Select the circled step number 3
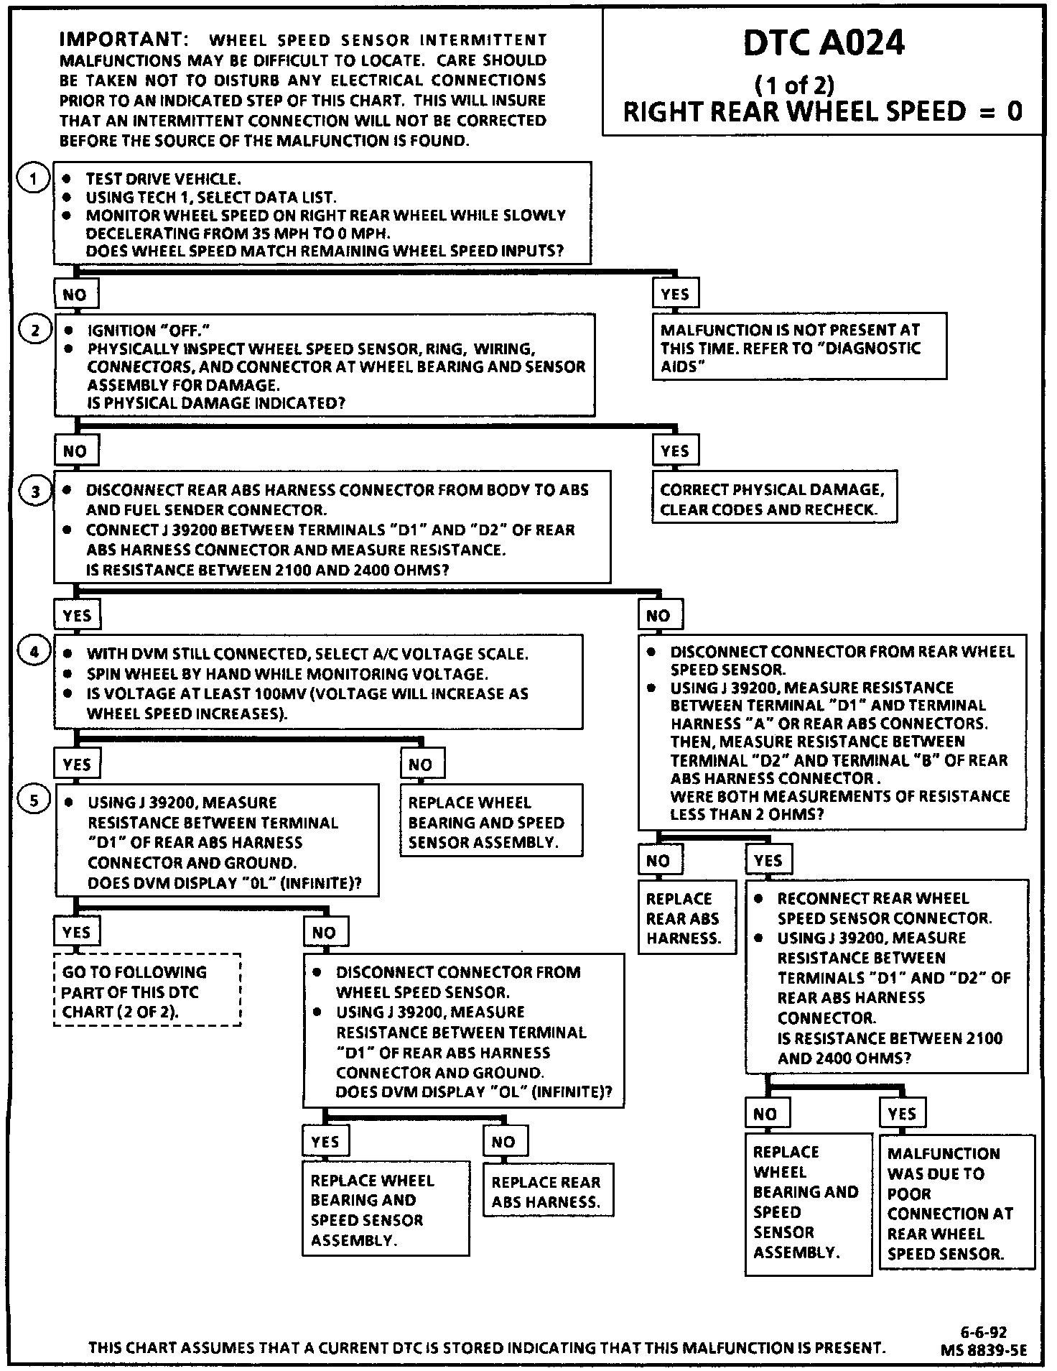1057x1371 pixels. [x=35, y=491]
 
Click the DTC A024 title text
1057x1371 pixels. [x=823, y=45]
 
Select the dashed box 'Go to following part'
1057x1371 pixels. [x=147, y=991]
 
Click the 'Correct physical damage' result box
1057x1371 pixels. [x=774, y=499]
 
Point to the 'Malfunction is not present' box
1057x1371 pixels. [x=798, y=348]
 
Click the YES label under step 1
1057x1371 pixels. [x=675, y=294]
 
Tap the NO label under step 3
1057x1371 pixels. [x=658, y=616]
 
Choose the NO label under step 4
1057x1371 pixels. [x=421, y=765]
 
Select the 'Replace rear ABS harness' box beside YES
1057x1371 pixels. [x=687, y=918]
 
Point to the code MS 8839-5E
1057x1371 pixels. [x=984, y=1350]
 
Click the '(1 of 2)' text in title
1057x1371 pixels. [x=794, y=86]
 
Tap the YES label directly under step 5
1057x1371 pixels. [x=76, y=933]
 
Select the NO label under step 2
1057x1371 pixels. [x=75, y=451]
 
